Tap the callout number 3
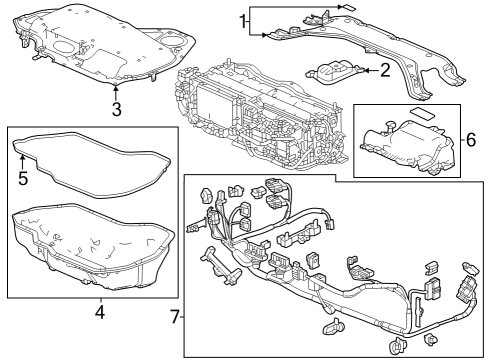pos(117,109)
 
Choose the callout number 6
pos(472,140)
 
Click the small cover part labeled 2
pos(334,75)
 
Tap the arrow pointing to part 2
pos(363,70)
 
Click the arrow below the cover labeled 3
pos(117,93)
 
